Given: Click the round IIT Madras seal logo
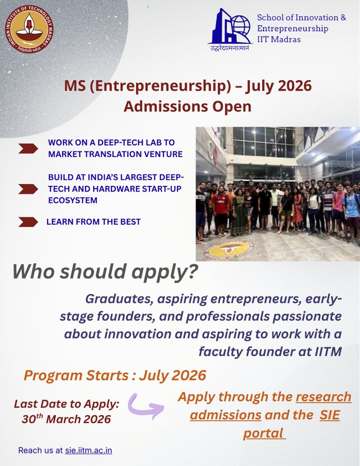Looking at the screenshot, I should click(x=29, y=29).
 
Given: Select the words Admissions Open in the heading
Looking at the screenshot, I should click(x=187, y=107).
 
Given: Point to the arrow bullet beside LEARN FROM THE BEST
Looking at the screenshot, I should click(x=28, y=222).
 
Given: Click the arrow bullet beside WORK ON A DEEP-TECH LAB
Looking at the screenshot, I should click(x=28, y=149).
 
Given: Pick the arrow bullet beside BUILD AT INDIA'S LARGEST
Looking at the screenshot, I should click(x=28, y=188).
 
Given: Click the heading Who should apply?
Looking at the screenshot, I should click(x=105, y=271).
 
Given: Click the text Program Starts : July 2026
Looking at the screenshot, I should click(x=115, y=375).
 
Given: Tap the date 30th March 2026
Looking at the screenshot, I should click(x=66, y=419).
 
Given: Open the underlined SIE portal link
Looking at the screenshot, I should click(x=291, y=425).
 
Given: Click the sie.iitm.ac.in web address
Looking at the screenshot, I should click(x=88, y=450).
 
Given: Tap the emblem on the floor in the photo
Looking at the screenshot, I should click(x=229, y=250).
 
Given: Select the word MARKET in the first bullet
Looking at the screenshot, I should click(x=64, y=154).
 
